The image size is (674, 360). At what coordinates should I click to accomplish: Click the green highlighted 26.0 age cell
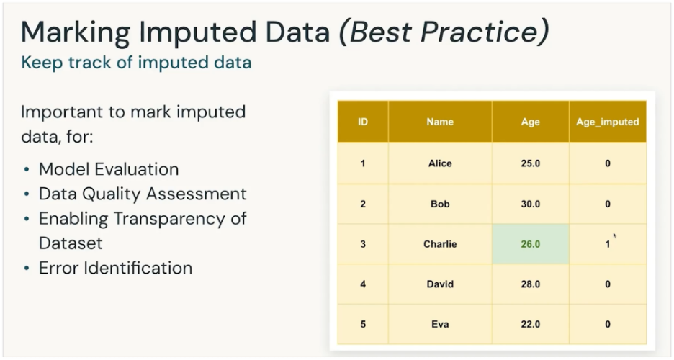tap(530, 244)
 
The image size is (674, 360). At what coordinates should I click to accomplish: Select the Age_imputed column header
tap(607, 122)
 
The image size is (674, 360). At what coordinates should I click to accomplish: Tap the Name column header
tap(440, 122)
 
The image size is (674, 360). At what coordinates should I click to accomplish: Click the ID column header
tap(363, 122)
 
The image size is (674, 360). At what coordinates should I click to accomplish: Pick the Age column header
tap(530, 122)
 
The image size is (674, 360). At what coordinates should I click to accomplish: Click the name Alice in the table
tap(440, 163)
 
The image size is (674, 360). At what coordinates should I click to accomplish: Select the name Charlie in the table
tap(440, 244)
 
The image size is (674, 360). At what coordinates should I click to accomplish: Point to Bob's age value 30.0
tap(530, 204)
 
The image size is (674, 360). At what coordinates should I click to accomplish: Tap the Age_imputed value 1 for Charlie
tap(607, 244)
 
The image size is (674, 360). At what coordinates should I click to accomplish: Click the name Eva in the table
tap(440, 324)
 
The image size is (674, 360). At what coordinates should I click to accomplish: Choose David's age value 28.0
tap(530, 284)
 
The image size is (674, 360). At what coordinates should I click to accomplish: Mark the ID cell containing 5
tap(363, 324)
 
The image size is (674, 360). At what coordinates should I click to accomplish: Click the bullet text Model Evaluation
tap(109, 169)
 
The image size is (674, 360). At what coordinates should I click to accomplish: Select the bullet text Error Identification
tap(115, 269)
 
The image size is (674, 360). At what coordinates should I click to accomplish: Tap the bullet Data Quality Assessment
tap(143, 194)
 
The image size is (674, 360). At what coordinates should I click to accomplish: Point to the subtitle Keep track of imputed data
tap(136, 63)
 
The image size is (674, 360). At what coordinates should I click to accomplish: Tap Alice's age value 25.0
tap(530, 163)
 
